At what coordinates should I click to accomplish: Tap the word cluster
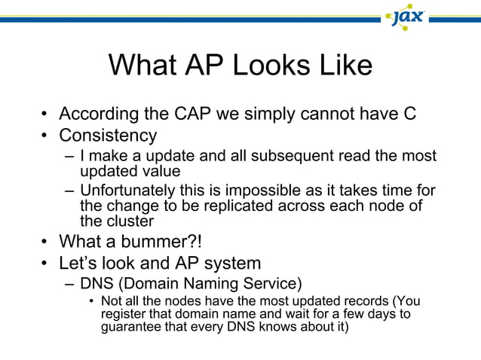click(130, 221)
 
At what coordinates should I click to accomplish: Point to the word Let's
click(82, 264)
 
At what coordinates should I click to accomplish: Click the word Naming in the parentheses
click(201, 284)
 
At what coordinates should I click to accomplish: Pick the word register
click(121, 314)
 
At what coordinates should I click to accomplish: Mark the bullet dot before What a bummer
click(46, 243)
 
